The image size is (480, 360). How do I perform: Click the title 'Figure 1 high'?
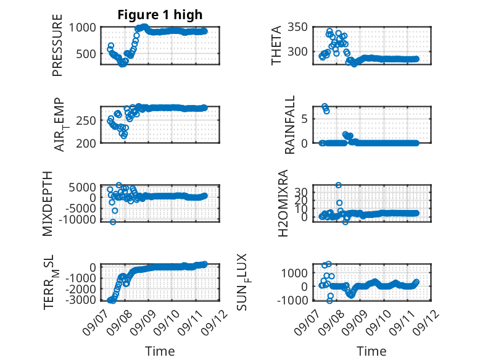pyautogui.click(x=160, y=15)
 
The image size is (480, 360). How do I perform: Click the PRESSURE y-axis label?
pyautogui.click(x=57, y=45)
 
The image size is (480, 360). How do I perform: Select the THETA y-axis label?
pyautogui.click(x=276, y=45)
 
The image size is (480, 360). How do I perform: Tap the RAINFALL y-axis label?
pyautogui.click(x=289, y=125)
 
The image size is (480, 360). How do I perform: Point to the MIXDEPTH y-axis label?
pyautogui.click(x=48, y=204)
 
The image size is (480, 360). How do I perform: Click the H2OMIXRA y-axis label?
pyautogui.click(x=283, y=203)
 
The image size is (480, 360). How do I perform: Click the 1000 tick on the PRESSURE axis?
pyautogui.click(x=82, y=28)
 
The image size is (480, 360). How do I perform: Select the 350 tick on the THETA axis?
pyautogui.click(x=297, y=27)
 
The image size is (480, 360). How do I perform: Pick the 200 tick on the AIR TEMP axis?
pyautogui.click(x=86, y=143)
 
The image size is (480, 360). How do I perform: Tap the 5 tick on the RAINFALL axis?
pyautogui.click(x=304, y=119)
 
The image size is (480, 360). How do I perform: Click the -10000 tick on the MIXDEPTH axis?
pyautogui.click(x=78, y=219)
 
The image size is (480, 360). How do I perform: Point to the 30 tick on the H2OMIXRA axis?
pyautogui.click(x=300, y=193)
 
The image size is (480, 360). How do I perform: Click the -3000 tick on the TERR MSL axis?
pyautogui.click(x=81, y=299)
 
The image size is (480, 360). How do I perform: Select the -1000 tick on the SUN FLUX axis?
pyautogui.click(x=292, y=300)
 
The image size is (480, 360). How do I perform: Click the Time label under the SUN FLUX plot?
pyautogui.click(x=371, y=351)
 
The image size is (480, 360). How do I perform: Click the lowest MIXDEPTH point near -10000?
pyautogui.click(x=113, y=222)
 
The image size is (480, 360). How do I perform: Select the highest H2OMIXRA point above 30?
pyautogui.click(x=338, y=185)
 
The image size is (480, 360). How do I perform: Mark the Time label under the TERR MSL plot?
pyautogui.click(x=160, y=351)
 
